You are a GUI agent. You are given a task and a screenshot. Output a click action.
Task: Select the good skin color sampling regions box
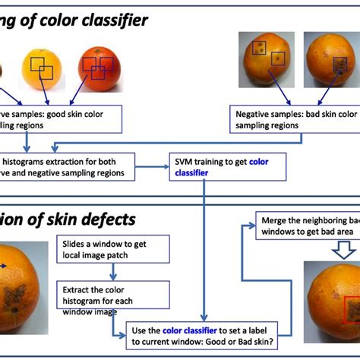click(x=61, y=118)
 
